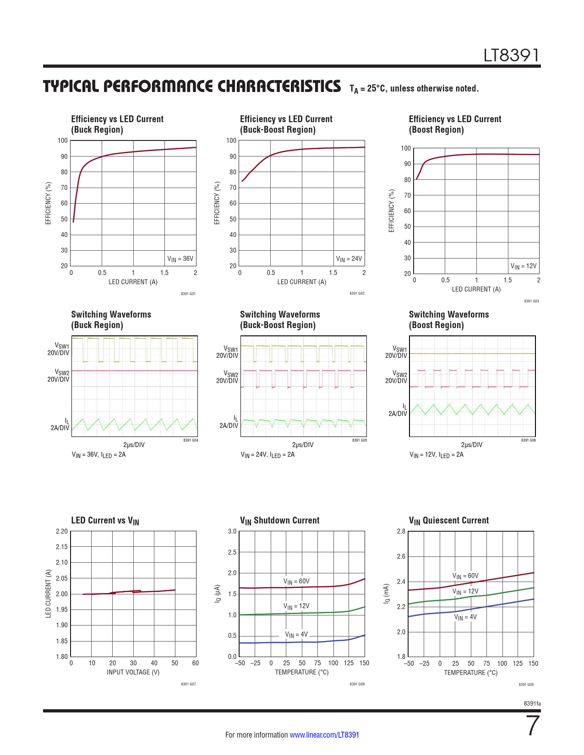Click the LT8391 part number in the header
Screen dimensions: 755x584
coord(512,55)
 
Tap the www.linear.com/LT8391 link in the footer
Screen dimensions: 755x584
coord(324,735)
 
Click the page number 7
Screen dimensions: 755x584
coord(533,726)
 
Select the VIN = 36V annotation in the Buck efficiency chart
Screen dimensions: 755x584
coord(180,259)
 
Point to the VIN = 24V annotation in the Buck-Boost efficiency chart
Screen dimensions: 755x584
coord(349,259)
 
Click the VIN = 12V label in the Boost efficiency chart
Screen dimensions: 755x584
coord(523,266)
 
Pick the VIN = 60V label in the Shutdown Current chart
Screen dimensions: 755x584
coord(297,582)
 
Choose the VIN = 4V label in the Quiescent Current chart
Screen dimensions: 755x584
coord(465,617)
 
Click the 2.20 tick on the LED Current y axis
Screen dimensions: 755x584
coord(61,531)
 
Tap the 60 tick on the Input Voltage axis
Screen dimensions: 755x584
coord(196,663)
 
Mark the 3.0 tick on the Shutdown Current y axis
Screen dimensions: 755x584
coord(232,531)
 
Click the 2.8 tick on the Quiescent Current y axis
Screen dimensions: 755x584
coord(401,531)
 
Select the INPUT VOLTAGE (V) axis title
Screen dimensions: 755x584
coord(133,672)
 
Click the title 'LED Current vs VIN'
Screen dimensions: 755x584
coord(105,521)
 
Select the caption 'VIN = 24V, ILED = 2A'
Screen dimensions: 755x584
coord(267,455)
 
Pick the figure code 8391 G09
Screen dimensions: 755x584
coord(526,685)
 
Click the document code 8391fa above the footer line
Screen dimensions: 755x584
coord(532,704)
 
